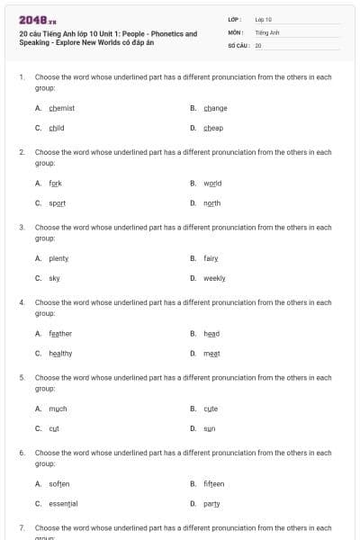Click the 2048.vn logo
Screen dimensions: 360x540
coord(32,19)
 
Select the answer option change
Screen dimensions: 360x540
coord(215,108)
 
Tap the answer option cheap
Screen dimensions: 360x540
coord(213,128)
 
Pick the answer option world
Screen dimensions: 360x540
coord(212,184)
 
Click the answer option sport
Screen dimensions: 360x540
coord(57,203)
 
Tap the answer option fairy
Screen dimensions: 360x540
coord(211,258)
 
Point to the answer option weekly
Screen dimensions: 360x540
coord(214,279)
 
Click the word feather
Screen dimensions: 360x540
coord(60,334)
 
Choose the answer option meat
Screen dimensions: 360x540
coord(211,354)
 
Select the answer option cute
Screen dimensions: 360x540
coord(211,409)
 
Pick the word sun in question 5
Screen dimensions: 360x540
coord(209,428)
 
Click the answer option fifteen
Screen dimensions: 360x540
coord(214,484)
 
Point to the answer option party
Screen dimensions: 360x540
coord(211,504)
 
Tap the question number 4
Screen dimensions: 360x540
coord(22,303)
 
